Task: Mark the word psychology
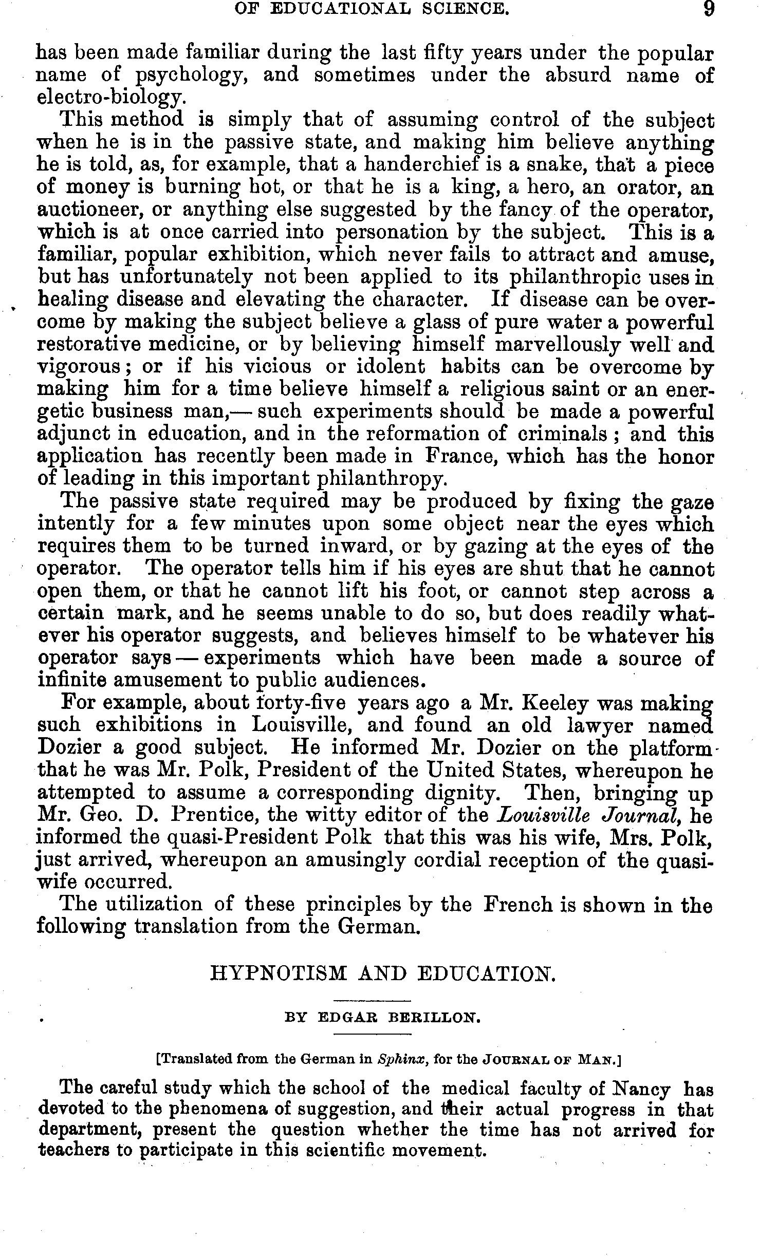click(192, 76)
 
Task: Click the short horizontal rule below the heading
click(373, 1000)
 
